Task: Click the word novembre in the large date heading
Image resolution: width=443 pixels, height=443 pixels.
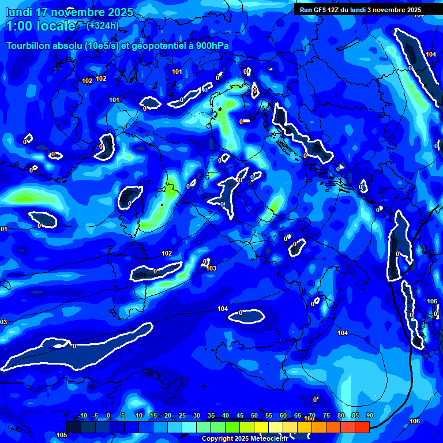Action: click(75, 12)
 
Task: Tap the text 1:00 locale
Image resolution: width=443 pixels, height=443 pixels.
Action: click(41, 26)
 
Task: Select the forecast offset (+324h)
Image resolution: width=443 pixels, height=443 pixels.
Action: click(102, 25)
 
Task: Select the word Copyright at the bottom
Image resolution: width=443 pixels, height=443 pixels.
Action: click(217, 439)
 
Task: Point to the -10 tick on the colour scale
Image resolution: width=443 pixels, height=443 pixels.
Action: click(82, 416)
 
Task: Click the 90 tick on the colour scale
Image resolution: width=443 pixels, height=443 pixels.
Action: click(369, 416)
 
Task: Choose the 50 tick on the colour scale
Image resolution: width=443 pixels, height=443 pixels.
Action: click(254, 416)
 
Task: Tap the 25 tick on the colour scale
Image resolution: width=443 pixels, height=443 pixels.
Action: click(182, 416)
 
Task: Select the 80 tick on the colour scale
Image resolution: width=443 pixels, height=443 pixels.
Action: click(340, 416)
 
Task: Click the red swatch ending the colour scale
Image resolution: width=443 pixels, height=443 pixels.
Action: click(362, 427)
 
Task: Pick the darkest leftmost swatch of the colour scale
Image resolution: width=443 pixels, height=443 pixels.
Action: click(73, 427)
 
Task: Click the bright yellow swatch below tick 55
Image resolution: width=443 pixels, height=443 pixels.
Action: click(261, 427)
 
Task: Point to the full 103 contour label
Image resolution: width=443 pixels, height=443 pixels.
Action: click(211, 268)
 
